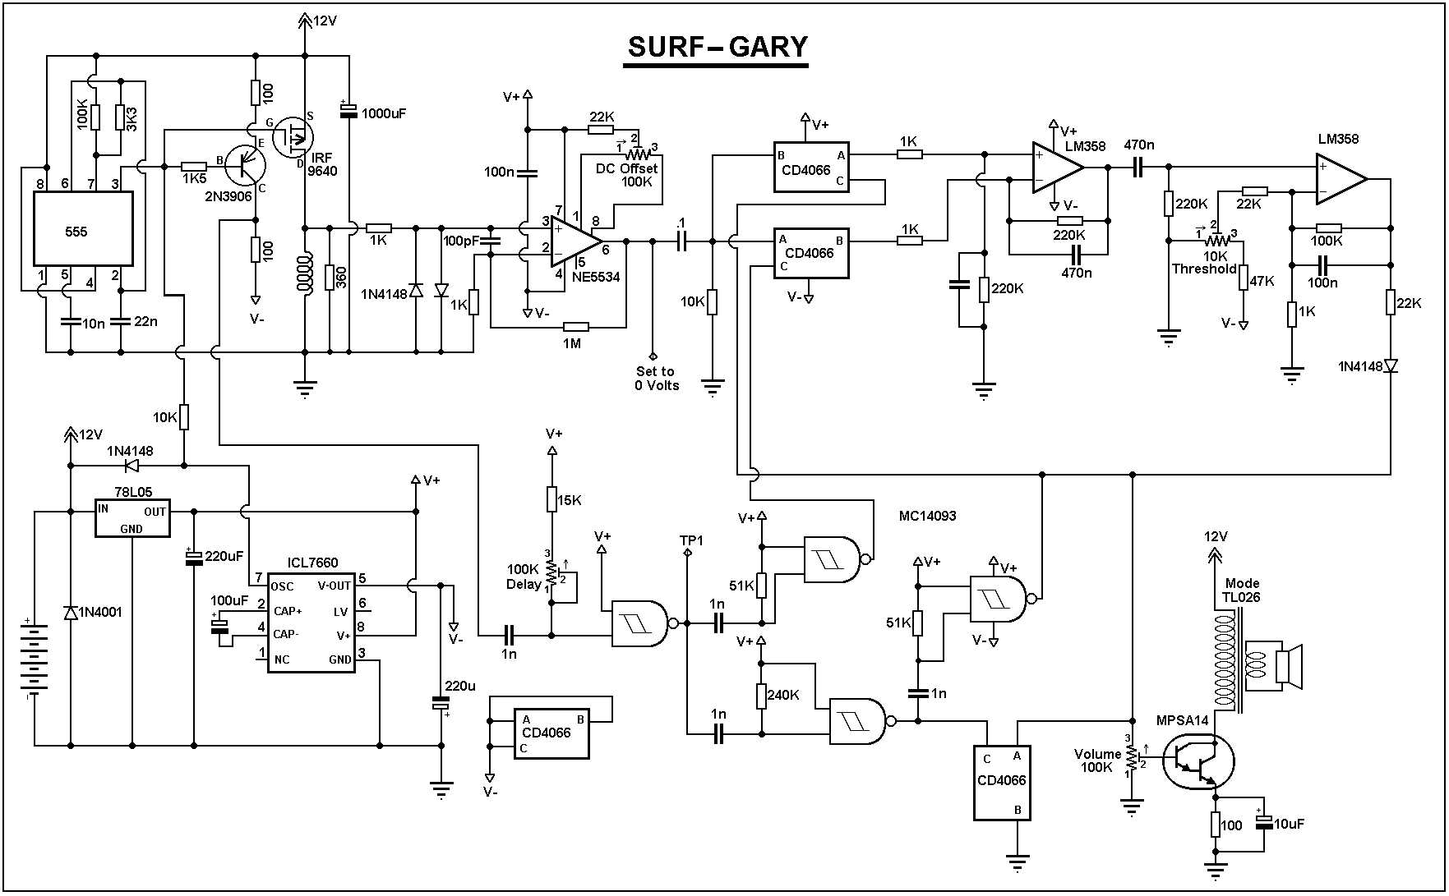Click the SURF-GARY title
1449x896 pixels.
click(718, 47)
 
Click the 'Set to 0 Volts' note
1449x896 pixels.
click(656, 379)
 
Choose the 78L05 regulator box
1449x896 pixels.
click(132, 518)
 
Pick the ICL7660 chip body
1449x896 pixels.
click(311, 623)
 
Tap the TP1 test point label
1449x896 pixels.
click(691, 540)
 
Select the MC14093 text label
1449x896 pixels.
click(928, 517)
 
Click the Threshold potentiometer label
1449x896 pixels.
click(1204, 269)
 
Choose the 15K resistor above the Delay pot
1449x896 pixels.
click(552, 499)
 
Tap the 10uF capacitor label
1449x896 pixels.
click(1290, 824)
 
